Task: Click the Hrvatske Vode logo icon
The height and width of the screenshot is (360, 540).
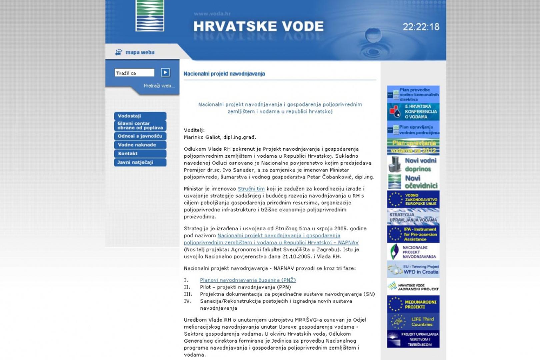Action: tap(150, 16)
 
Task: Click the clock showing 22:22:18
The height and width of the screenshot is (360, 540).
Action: tap(421, 27)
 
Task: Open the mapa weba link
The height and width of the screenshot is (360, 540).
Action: tap(139, 52)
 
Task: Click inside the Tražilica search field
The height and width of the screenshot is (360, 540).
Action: tap(134, 73)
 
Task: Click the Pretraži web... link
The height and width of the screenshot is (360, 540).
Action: tap(159, 86)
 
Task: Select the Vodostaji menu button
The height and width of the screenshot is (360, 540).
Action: tap(140, 116)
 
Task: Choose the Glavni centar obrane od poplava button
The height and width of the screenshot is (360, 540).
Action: tap(140, 126)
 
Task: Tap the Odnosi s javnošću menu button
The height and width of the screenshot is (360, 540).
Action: tap(140, 136)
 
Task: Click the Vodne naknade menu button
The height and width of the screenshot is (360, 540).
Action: tap(140, 145)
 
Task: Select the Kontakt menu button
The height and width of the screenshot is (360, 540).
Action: tap(140, 153)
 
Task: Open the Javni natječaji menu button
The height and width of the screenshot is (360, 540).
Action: tap(140, 162)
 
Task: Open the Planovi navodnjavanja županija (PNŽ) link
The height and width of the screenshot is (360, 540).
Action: tap(248, 280)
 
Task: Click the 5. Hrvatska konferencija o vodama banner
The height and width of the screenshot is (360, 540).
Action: tap(413, 112)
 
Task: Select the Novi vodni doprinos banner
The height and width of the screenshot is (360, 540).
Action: tap(413, 165)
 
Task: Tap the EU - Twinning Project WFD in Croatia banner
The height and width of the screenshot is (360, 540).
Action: tap(413, 269)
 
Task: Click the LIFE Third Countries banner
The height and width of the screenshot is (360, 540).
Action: tap(413, 322)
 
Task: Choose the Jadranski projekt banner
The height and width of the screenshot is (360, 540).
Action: tap(413, 287)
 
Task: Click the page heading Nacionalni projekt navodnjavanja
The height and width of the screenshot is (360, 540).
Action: tap(224, 74)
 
